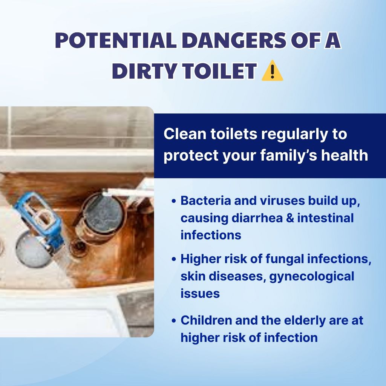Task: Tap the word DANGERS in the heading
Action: pos(234,40)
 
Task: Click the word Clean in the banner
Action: pos(185,134)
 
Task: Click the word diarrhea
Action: pos(257,218)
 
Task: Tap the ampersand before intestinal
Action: pos(290,218)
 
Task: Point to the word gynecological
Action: pos(312,277)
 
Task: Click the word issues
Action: pos(200,293)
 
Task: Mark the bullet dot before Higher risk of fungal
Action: pos(174,259)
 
